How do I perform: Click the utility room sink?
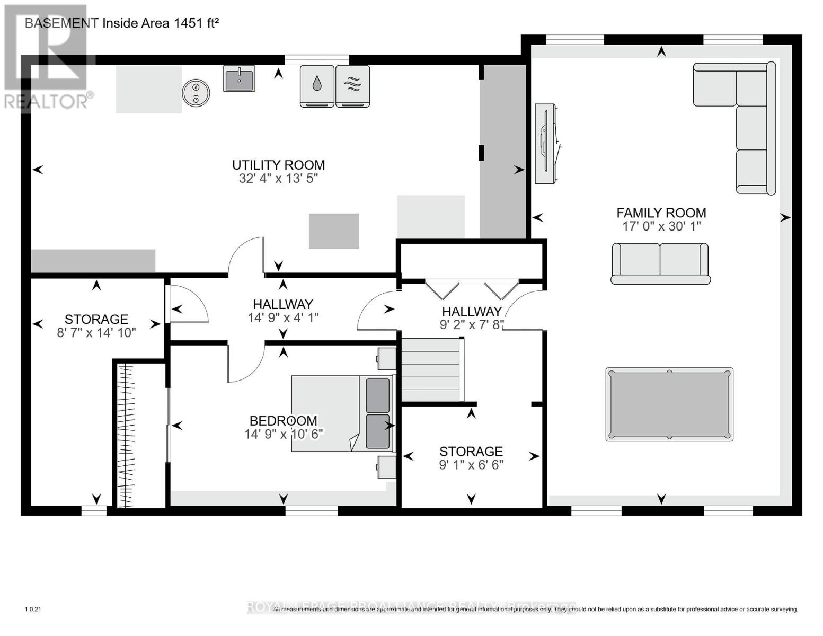[239, 79]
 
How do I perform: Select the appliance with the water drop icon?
[317, 86]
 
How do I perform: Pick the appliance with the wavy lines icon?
[353, 86]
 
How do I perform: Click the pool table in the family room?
[669, 404]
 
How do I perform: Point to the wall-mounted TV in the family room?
[546, 144]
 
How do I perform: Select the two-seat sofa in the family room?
[660, 263]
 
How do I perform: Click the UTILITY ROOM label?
[278, 165]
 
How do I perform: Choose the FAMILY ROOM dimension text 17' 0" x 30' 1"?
[661, 226]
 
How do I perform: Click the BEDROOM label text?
[284, 421]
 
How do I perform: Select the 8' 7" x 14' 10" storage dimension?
[96, 333]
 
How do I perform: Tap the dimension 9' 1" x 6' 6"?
[471, 465]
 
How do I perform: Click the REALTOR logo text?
[49, 101]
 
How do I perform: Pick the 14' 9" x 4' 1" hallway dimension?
[283, 317]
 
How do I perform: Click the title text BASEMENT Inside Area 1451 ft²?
[122, 23]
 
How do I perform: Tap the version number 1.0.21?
[33, 609]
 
